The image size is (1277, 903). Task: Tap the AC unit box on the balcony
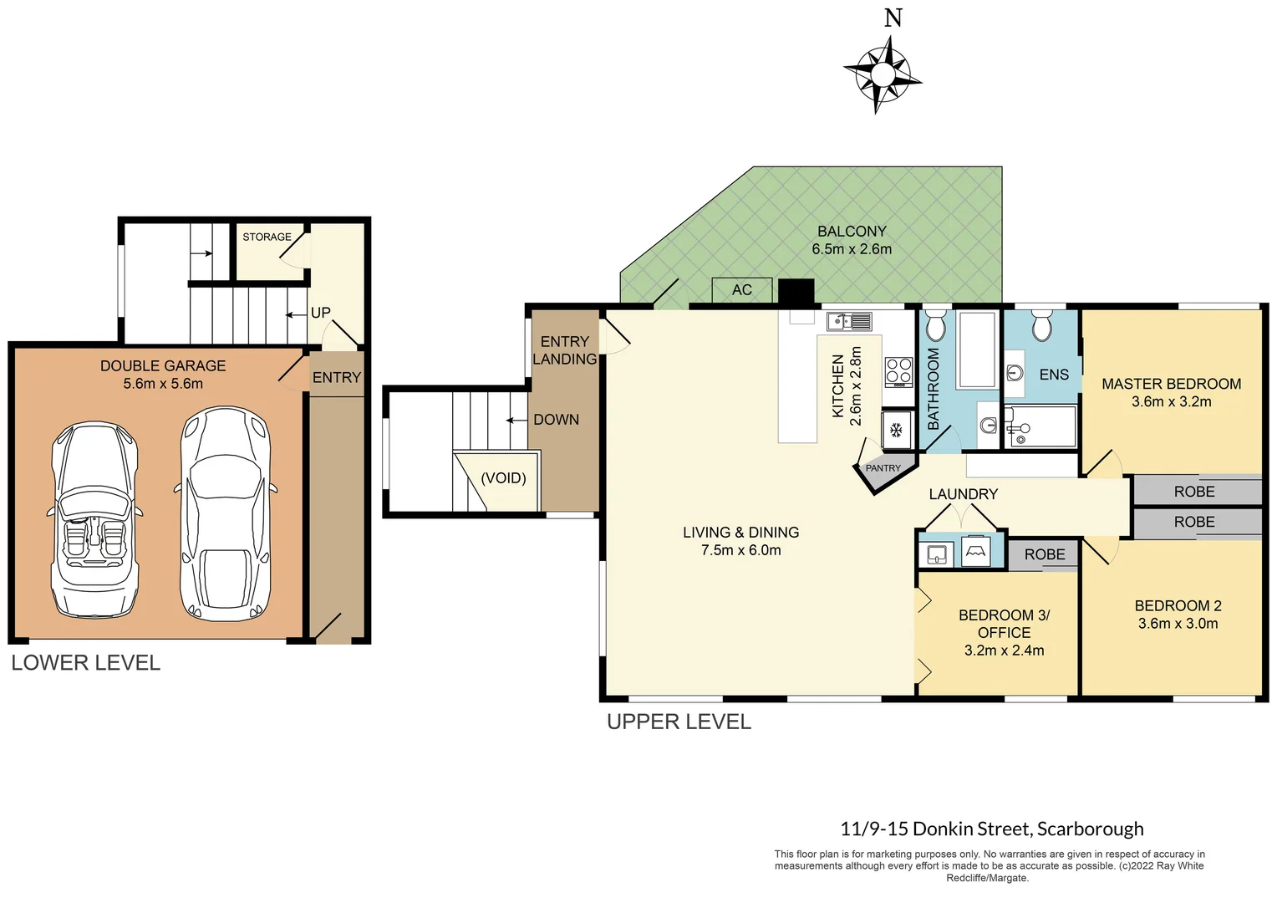click(x=741, y=290)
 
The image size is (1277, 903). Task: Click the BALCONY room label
click(x=852, y=232)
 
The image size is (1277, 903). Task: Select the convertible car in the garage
click(x=94, y=518)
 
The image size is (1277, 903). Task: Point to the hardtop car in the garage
click(x=225, y=514)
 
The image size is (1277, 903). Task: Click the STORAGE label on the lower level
click(x=267, y=237)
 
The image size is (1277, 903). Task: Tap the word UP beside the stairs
click(x=321, y=313)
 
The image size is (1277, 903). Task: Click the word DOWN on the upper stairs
click(x=556, y=420)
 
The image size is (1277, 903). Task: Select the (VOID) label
click(x=503, y=478)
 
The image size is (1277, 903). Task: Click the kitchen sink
click(x=849, y=321)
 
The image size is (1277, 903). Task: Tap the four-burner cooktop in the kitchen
click(x=898, y=371)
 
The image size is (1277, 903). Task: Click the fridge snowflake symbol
click(x=897, y=431)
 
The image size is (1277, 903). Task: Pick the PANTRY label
click(x=883, y=468)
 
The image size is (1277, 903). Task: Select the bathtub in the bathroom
click(x=976, y=349)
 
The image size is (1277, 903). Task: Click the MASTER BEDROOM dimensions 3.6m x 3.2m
click(x=1171, y=402)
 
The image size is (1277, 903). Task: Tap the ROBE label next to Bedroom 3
click(x=1044, y=554)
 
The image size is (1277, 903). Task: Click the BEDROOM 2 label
click(x=1178, y=605)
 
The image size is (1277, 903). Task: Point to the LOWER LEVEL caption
click(x=85, y=663)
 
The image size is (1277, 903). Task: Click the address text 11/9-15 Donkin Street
click(x=935, y=829)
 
